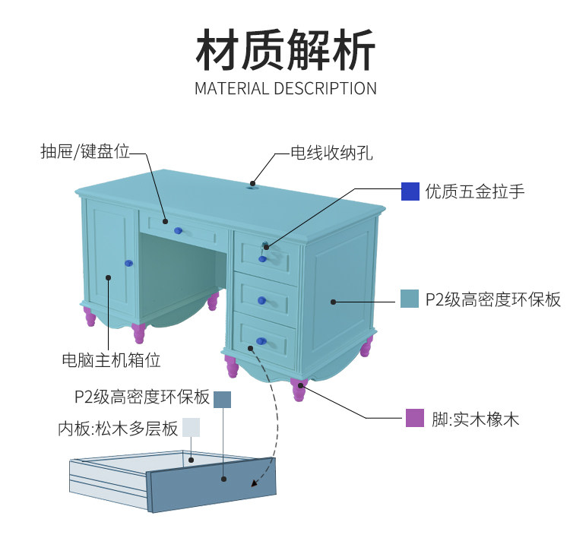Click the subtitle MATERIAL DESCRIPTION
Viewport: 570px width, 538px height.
[x=285, y=88]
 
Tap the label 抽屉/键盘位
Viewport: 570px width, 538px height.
[x=84, y=151]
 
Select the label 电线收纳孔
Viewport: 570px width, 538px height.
[x=332, y=153]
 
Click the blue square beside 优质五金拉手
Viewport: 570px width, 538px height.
[x=410, y=191]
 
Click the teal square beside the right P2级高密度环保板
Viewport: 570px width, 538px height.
[x=410, y=299]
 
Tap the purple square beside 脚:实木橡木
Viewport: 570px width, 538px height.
[x=414, y=418]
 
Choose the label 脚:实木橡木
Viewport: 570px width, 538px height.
[x=476, y=419]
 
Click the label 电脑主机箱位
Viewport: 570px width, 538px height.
[x=111, y=359]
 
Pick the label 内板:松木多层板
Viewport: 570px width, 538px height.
[x=118, y=429]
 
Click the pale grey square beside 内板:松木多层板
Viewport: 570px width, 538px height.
[x=190, y=427]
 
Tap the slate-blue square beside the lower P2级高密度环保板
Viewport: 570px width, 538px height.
[x=222, y=399]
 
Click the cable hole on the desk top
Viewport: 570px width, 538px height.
[x=252, y=182]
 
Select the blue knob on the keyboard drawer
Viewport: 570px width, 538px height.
[x=179, y=230]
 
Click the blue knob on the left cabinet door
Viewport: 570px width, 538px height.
[x=128, y=263]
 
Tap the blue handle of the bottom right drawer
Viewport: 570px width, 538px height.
[x=261, y=340]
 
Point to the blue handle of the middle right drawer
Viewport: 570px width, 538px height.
[x=261, y=301]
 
